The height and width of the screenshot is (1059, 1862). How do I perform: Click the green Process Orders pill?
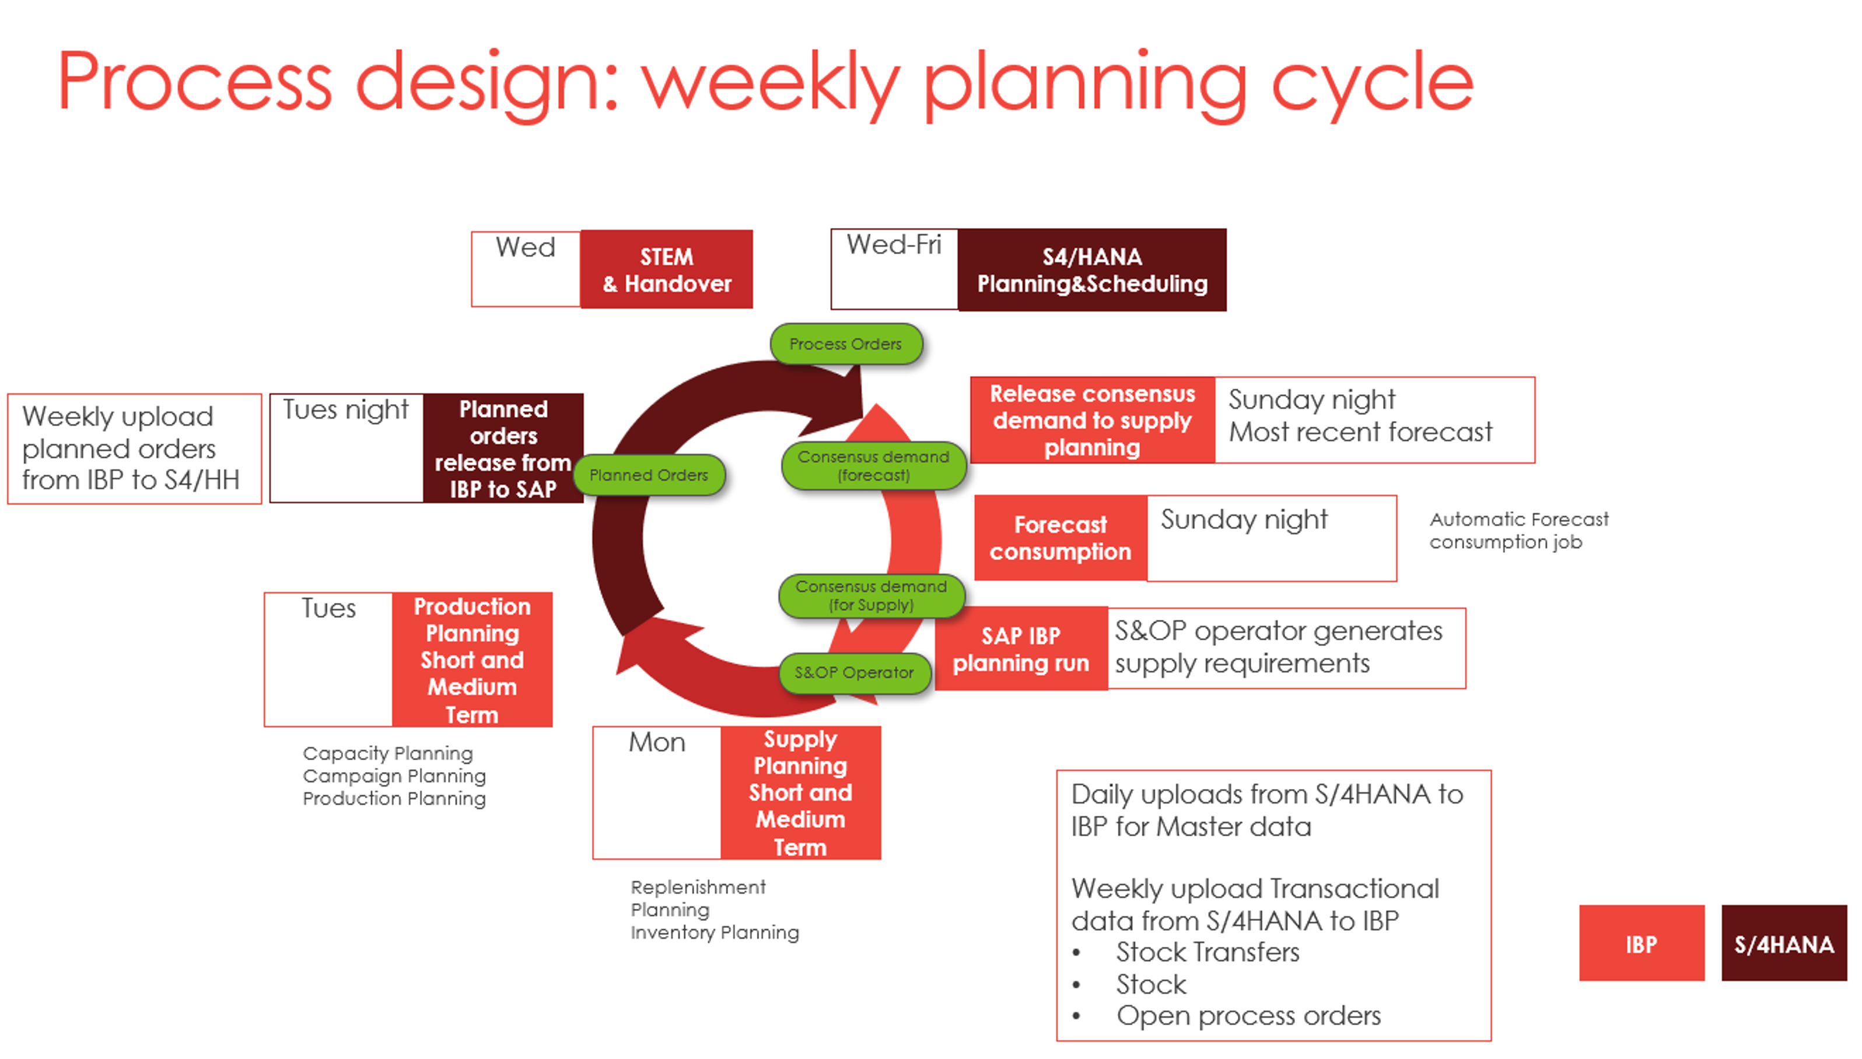846,344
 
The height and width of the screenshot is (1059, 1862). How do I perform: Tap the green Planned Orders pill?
649,475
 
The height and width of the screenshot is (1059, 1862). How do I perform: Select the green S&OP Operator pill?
854,673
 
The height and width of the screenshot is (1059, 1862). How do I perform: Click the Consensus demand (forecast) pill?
873,465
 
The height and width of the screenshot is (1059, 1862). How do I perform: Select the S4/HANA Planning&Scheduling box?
1092,270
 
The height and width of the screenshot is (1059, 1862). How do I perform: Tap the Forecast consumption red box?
1060,538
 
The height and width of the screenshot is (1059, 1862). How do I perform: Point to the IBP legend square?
1641,944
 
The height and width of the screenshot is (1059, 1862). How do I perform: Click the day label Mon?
657,742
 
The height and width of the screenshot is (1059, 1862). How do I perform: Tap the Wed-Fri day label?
894,245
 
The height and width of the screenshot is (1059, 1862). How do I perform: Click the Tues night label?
346,409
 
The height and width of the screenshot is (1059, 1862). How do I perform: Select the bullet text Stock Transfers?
1207,952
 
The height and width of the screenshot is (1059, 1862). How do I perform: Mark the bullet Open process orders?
1248,1015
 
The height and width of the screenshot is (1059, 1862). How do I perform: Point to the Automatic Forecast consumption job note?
1518,530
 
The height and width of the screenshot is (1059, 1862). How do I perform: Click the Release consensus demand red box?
1093,420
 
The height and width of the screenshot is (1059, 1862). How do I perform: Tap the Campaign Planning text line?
394,776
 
